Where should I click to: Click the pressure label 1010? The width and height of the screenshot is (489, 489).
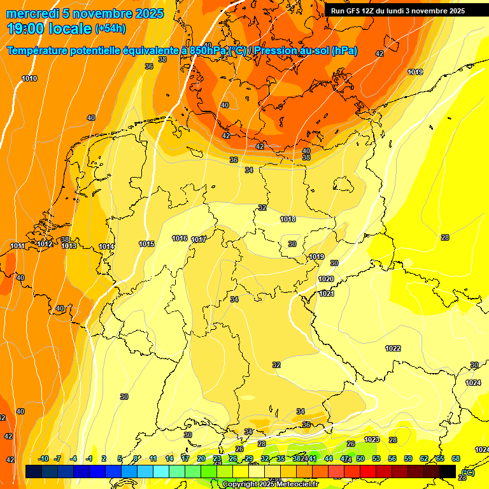[x=29, y=78]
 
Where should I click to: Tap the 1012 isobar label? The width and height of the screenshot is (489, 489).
[x=45, y=244]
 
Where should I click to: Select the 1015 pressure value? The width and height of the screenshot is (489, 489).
[x=146, y=244]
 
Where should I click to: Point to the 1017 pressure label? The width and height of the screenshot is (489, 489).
[x=199, y=239]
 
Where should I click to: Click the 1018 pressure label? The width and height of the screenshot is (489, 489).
[x=288, y=219]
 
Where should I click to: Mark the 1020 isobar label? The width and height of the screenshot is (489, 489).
[x=326, y=279]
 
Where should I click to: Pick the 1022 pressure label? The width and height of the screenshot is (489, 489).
[x=393, y=348]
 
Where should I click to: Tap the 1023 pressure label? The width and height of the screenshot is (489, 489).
[x=372, y=439]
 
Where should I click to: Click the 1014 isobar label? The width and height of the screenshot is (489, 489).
[x=106, y=246]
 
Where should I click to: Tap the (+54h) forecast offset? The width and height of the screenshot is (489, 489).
[x=110, y=29]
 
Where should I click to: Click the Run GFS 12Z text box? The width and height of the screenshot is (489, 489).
[x=398, y=11]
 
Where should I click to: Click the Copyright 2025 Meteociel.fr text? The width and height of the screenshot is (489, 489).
[x=270, y=484]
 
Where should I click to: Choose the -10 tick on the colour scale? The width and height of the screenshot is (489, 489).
[x=43, y=458]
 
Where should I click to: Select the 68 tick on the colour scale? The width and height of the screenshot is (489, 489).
[x=456, y=458]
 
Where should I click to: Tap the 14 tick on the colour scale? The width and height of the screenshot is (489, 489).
[x=169, y=458]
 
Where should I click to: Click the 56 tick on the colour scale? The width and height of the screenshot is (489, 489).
[x=392, y=458]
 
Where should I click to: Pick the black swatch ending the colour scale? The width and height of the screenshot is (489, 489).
[x=448, y=471]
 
